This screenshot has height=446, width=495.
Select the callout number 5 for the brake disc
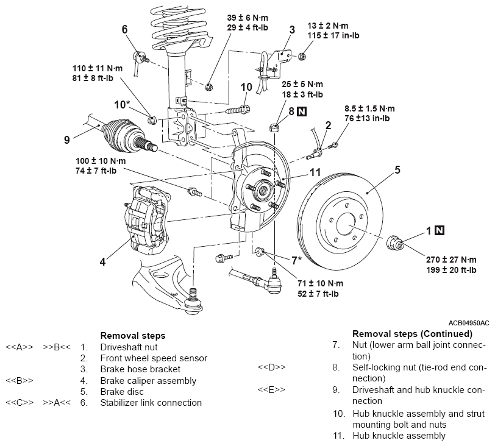397,170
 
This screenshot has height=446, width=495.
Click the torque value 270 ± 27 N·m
451,260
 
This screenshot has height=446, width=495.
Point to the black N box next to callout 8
302,111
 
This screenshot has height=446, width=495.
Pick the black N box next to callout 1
440,230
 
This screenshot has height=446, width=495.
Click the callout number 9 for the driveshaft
66,140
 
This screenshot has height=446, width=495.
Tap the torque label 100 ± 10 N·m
101,161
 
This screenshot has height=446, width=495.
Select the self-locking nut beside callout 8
274,128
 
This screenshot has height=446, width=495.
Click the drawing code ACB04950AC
469,323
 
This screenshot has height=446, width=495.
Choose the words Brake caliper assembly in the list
148,381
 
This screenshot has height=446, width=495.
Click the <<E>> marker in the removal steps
271,389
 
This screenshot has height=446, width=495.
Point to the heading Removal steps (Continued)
412,334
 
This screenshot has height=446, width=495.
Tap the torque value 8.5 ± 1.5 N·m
369,108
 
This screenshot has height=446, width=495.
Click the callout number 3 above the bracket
292,30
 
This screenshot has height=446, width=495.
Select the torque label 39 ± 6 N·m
247,18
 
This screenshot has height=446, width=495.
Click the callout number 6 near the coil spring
125,29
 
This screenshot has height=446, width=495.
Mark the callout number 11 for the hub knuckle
315,172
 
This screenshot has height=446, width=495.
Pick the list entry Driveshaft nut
129,347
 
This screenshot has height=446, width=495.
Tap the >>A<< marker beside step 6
57,403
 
